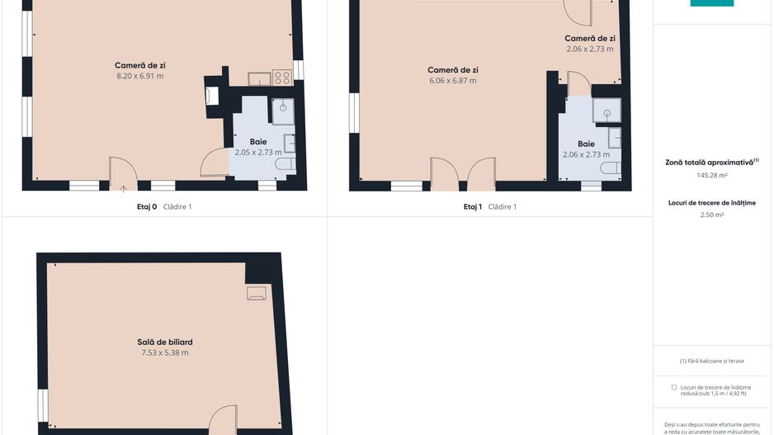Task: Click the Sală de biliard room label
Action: [165, 342]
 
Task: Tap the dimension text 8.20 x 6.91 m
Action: [140, 76]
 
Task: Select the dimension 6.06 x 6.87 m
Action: [453, 81]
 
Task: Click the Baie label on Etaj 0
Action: [258, 142]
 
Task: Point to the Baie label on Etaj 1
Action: [586, 144]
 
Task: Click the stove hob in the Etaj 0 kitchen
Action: [282, 78]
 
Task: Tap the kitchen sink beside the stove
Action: [259, 78]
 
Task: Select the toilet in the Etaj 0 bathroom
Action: [286, 164]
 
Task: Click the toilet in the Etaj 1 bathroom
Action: [611, 168]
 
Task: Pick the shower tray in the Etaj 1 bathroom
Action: [606, 111]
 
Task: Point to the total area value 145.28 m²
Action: [712, 175]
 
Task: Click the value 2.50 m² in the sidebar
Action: [712, 215]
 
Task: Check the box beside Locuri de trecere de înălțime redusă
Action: [674, 388]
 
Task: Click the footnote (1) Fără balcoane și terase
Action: [712, 361]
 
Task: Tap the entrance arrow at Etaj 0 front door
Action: [123, 188]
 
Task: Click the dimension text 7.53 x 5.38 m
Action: [165, 352]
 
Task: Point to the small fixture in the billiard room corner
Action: [256, 293]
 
